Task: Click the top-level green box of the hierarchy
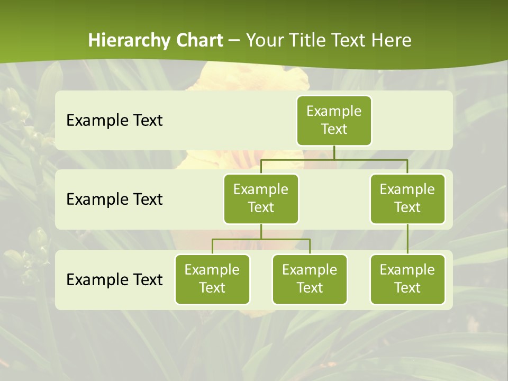(x=334, y=120)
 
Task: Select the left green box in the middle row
(x=261, y=198)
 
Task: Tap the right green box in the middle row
(x=407, y=198)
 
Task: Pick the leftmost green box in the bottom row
(x=212, y=279)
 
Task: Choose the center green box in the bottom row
(x=310, y=279)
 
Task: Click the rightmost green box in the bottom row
(x=407, y=279)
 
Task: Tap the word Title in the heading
(x=307, y=40)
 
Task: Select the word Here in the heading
(x=392, y=40)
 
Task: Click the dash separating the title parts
(x=234, y=40)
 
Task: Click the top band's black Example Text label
(x=114, y=120)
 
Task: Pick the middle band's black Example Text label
(x=114, y=199)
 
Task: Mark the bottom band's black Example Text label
(x=114, y=279)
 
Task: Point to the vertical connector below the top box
(x=334, y=152)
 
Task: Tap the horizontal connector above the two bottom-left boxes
(x=261, y=239)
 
